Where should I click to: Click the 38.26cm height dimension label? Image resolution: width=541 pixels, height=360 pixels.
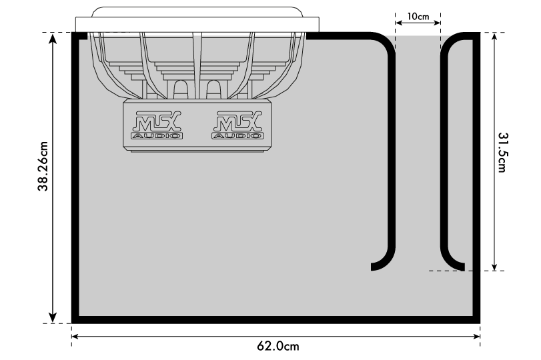43,166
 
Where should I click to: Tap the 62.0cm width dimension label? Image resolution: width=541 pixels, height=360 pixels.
278,346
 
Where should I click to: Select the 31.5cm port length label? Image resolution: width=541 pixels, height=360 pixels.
502,152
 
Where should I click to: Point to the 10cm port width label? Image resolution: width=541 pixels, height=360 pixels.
418,16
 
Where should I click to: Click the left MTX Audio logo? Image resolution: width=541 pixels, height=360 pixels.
157,125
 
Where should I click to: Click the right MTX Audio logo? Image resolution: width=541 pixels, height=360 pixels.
237,125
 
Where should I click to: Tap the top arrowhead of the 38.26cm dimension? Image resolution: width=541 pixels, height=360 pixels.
53,38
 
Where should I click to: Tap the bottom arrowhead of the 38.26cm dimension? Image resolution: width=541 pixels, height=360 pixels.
53,317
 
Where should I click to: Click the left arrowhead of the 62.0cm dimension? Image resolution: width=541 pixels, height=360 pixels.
76,337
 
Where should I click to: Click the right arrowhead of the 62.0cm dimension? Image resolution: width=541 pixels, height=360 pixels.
476,337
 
